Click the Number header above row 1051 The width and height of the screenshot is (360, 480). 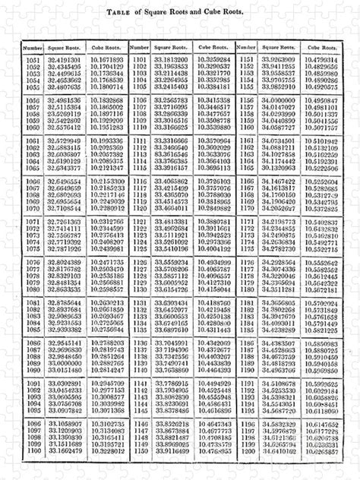click(x=32, y=48)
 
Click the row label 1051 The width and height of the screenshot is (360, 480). click(x=32, y=58)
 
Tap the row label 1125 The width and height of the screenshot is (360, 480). click(x=139, y=270)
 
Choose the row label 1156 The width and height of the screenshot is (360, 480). click(x=246, y=99)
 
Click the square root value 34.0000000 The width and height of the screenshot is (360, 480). click(x=277, y=99)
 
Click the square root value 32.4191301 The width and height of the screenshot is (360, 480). click(x=63, y=58)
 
